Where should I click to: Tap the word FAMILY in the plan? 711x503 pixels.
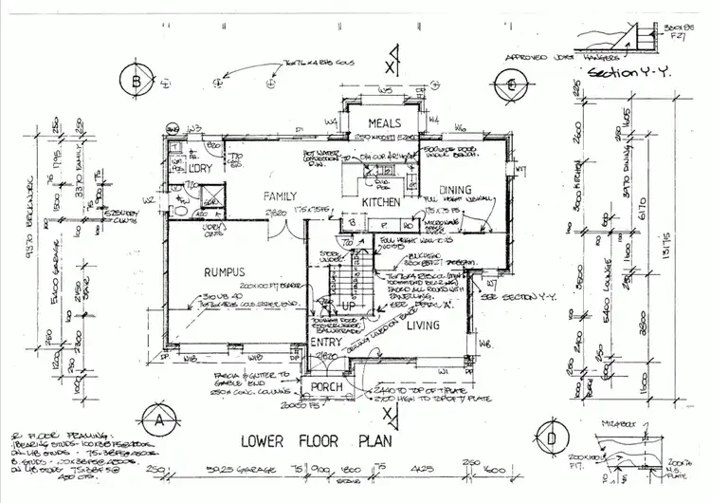(283, 195)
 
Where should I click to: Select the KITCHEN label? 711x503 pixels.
(380, 202)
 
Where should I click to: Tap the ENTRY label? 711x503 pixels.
(326, 343)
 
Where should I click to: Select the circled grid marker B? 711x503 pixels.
(137, 83)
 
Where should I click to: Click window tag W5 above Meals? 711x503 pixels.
(385, 90)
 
